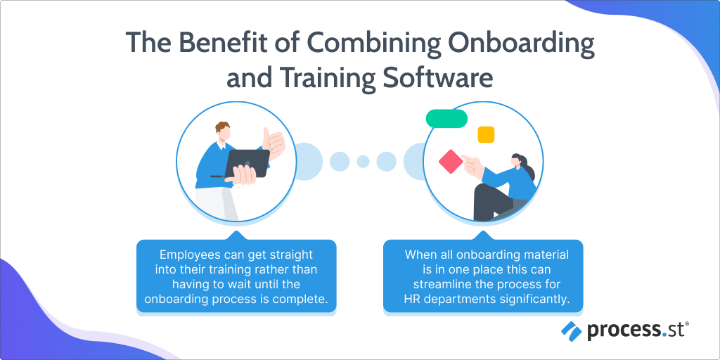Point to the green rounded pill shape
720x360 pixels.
446,119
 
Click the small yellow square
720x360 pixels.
486,134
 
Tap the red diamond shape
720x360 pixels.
451,162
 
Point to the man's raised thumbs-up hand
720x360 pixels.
273,143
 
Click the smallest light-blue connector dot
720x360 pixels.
363,162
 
